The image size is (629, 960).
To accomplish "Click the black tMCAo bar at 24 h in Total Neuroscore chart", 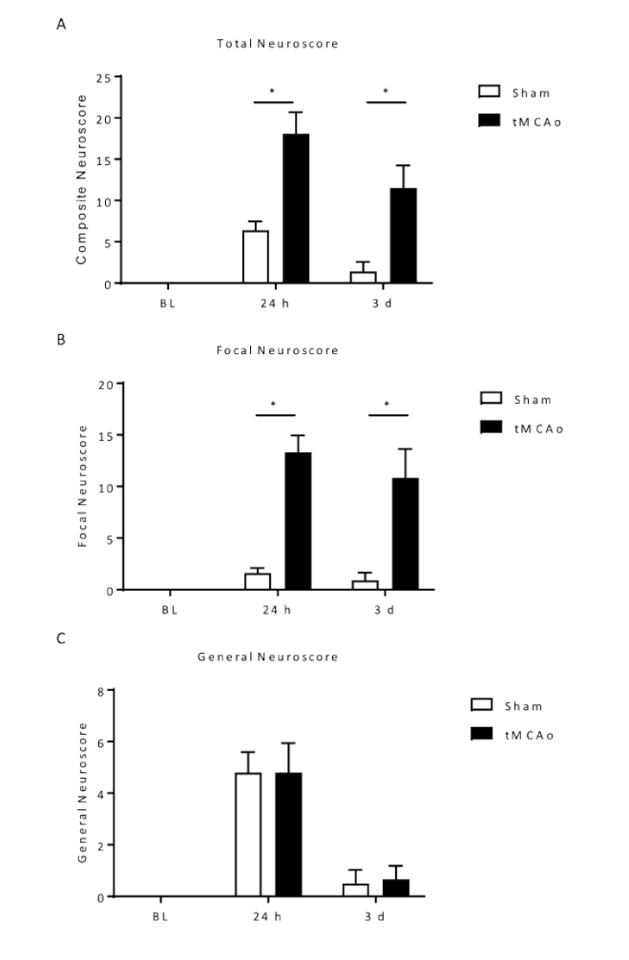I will pyautogui.click(x=296, y=209).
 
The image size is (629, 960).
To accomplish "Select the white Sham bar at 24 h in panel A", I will pyautogui.click(x=255, y=257).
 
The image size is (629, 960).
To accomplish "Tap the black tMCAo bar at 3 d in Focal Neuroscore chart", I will pyautogui.click(x=405, y=533).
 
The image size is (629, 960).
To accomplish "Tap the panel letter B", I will pyautogui.click(x=62, y=337).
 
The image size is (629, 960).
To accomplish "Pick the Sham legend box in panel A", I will pyautogui.click(x=490, y=92).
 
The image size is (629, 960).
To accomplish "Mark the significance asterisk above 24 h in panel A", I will pyautogui.click(x=273, y=93).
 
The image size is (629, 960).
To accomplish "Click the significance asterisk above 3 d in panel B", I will pyautogui.click(x=388, y=405).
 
